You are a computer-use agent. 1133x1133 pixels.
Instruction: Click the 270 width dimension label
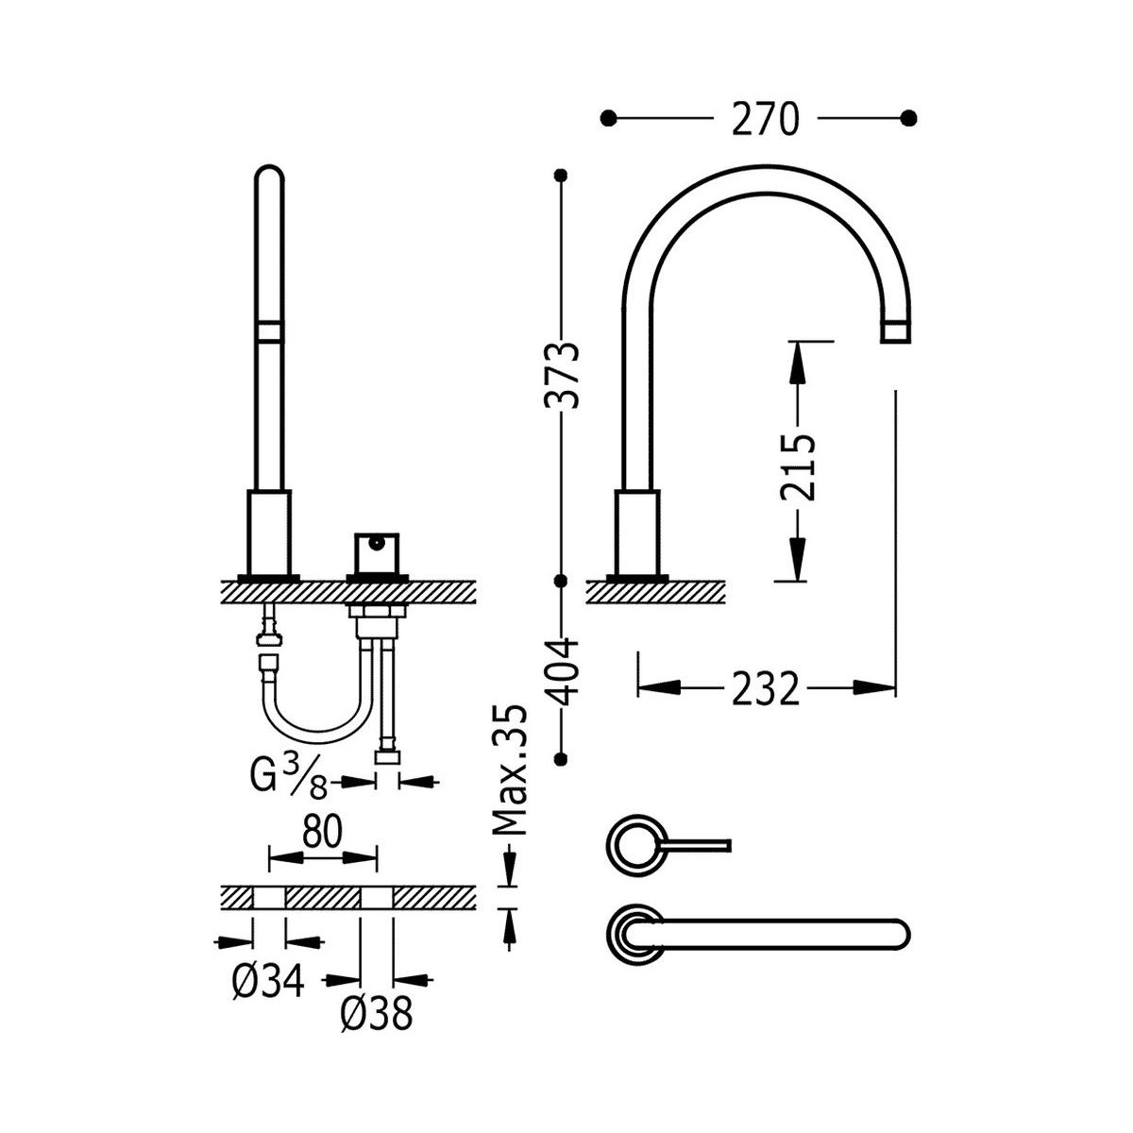[x=765, y=119]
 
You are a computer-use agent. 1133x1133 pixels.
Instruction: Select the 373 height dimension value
[x=561, y=374]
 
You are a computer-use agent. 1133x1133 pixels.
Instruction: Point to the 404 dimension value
[x=562, y=672]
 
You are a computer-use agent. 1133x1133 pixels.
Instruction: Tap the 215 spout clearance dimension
[x=798, y=466]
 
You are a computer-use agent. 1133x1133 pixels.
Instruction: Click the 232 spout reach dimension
[x=765, y=688]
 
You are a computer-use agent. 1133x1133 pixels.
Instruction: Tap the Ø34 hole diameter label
[x=268, y=984]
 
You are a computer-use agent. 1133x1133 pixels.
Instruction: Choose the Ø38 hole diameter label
[x=376, y=1014]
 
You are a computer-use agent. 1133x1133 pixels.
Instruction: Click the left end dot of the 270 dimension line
[x=609, y=118]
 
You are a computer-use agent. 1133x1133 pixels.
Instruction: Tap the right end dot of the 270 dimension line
[x=909, y=118]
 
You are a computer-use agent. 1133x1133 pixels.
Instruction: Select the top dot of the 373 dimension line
[x=562, y=175]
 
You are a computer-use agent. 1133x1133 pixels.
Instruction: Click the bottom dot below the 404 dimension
[x=562, y=757]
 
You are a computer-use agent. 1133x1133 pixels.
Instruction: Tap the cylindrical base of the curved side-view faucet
[x=637, y=533]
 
